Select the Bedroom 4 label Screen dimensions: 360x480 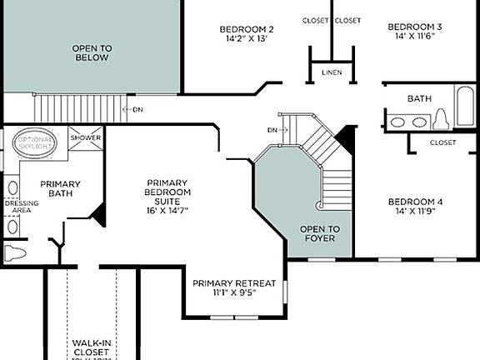click(x=415, y=202)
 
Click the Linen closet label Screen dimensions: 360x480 click(x=331, y=73)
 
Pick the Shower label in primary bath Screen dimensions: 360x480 click(x=85, y=137)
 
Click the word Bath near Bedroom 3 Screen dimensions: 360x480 click(x=418, y=98)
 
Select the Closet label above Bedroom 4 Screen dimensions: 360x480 click(x=442, y=142)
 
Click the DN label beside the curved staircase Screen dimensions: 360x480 click(x=272, y=130)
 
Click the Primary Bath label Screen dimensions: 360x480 click(x=60, y=189)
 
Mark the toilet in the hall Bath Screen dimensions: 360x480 click(x=441, y=121)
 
